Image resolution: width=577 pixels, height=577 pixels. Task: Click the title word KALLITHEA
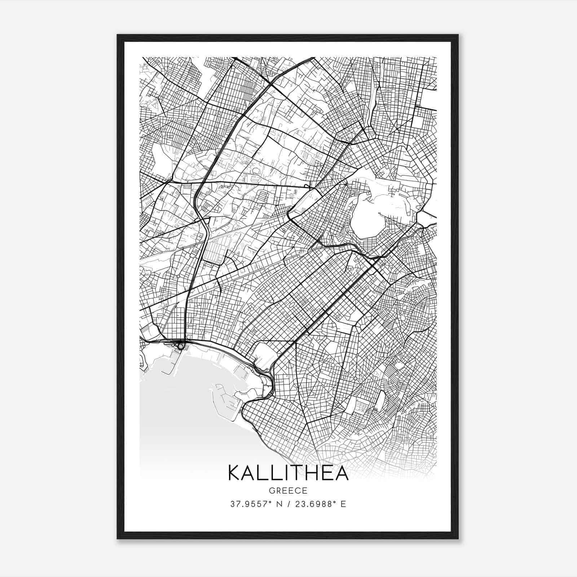pos(288,473)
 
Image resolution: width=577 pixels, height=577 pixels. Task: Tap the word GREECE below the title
pos(288,491)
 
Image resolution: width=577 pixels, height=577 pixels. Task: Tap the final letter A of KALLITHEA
pos(342,473)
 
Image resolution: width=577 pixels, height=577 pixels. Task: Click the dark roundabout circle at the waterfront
pos(180,346)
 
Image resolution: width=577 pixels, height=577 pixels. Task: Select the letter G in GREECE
pos(272,491)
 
